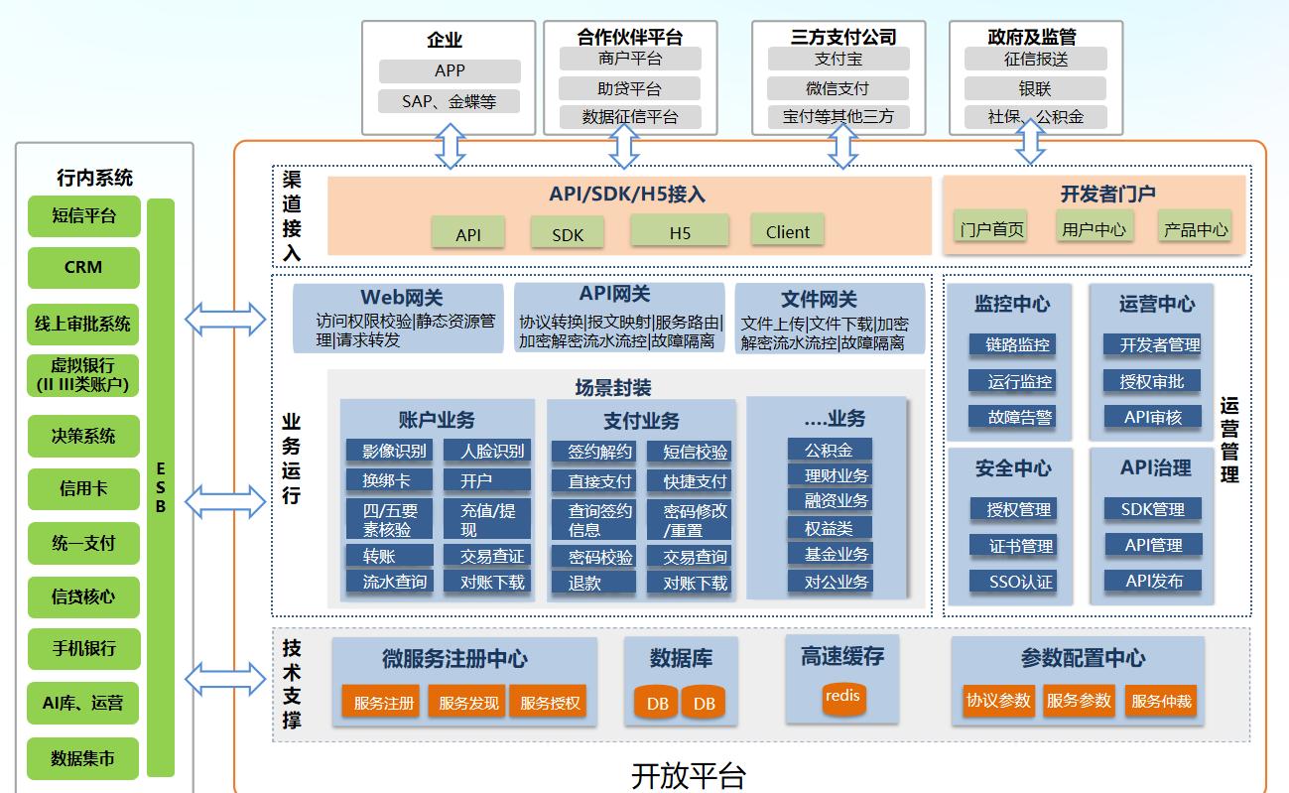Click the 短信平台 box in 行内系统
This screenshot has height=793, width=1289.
point(83,215)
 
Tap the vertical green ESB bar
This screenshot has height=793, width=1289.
point(161,486)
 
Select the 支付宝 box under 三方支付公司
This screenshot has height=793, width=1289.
point(838,59)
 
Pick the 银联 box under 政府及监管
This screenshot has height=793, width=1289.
point(1035,88)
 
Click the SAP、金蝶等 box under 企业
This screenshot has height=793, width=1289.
point(449,101)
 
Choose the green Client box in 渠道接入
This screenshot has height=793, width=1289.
point(788,231)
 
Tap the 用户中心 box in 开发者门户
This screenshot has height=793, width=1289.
point(1094,228)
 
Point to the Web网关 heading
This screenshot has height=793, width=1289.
point(401,297)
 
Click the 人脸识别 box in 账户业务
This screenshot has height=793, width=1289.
point(492,451)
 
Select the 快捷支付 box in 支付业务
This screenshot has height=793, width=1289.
point(695,481)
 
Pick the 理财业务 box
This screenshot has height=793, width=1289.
point(836,475)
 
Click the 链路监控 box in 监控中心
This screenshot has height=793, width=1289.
point(1018,344)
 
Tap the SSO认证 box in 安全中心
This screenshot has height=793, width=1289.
point(1020,581)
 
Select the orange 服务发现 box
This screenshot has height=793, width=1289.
point(467,702)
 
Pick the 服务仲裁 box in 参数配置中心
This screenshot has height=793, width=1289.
point(1161,700)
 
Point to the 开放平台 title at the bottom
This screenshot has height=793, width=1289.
point(688,775)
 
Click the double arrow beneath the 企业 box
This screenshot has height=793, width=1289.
point(450,146)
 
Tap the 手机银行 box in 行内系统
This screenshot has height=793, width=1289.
point(83,649)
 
